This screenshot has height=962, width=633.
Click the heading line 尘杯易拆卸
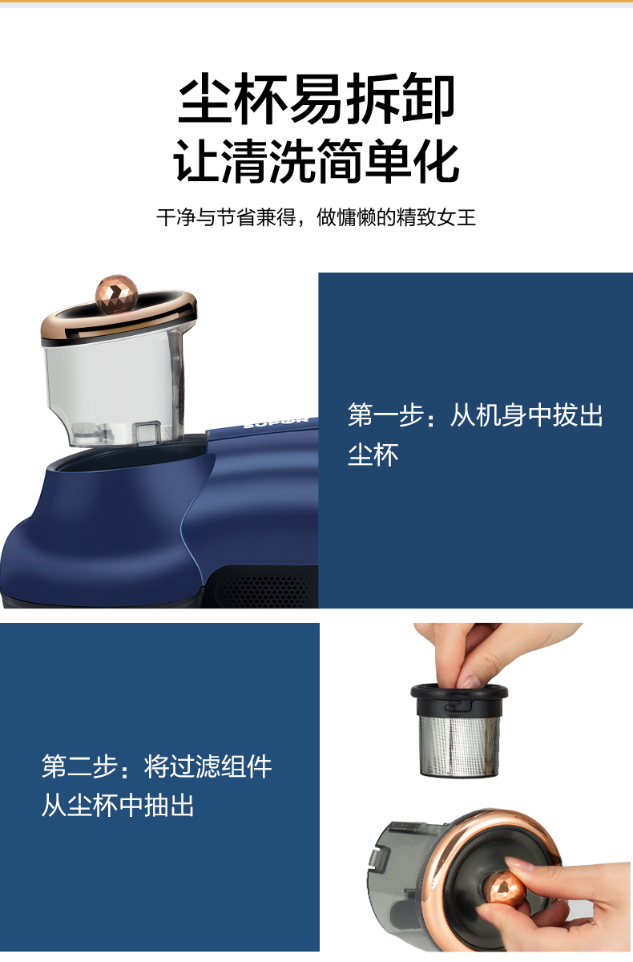[x=316, y=99]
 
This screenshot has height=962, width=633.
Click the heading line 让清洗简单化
[x=316, y=160]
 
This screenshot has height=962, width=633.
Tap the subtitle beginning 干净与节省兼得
[x=316, y=217]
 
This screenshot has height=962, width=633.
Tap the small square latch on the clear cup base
[x=147, y=432]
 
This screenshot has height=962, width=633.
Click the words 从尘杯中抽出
[x=118, y=805]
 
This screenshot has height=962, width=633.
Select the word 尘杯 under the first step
[x=373, y=455]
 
